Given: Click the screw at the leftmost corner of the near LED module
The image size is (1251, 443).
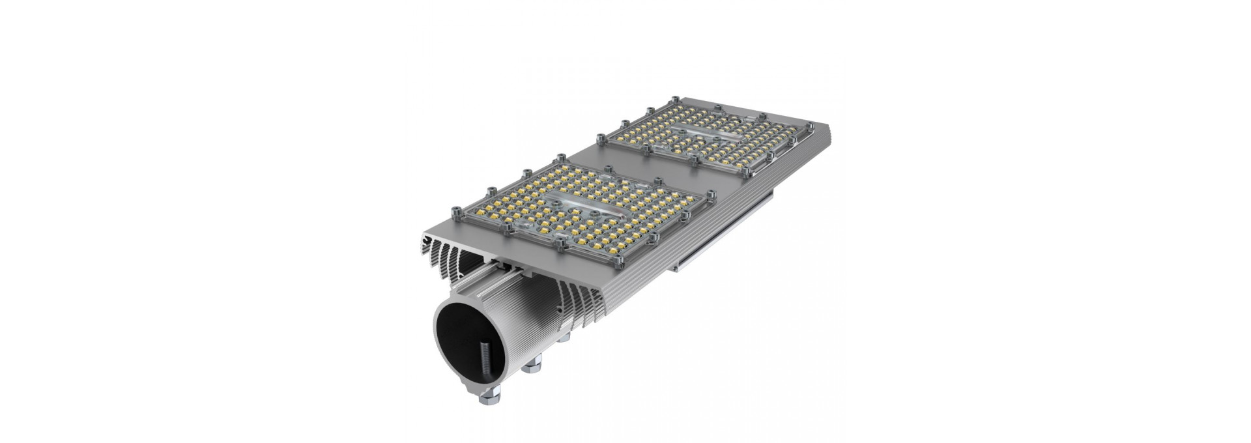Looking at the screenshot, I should pyautogui.click(x=454, y=211).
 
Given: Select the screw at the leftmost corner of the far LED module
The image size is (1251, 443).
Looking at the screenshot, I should pyautogui.click(x=598, y=135).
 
